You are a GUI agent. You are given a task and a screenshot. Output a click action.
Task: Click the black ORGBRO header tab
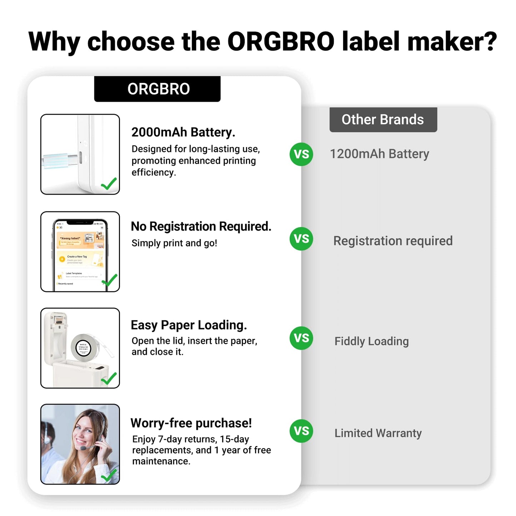(157, 89)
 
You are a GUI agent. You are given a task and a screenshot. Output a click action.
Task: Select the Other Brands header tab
(383, 120)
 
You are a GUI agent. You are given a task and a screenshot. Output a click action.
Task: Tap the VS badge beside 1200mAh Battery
(301, 154)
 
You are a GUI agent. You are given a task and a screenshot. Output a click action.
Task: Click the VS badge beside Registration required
(301, 239)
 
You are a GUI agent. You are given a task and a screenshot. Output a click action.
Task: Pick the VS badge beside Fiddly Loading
(301, 338)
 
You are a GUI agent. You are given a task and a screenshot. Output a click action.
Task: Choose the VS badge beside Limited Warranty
(301, 431)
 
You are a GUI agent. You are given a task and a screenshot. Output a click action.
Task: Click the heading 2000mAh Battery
(183, 132)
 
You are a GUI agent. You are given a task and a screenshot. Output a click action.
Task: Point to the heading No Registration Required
(201, 226)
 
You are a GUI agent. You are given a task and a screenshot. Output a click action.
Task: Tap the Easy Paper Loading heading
(189, 325)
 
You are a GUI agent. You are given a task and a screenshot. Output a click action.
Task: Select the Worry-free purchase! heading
(191, 423)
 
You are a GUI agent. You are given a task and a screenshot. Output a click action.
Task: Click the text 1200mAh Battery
(379, 154)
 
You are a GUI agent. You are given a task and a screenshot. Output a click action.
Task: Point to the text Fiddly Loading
(371, 341)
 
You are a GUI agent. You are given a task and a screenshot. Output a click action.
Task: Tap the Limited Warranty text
(378, 433)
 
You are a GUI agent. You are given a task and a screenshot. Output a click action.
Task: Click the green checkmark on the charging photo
(109, 184)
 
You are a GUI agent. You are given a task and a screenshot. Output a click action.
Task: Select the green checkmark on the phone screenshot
(110, 280)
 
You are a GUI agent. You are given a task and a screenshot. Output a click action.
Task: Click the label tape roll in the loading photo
(84, 347)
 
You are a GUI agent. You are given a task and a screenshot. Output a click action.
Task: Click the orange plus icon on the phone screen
(62, 259)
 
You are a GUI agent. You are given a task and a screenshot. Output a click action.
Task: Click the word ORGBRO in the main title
(281, 42)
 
